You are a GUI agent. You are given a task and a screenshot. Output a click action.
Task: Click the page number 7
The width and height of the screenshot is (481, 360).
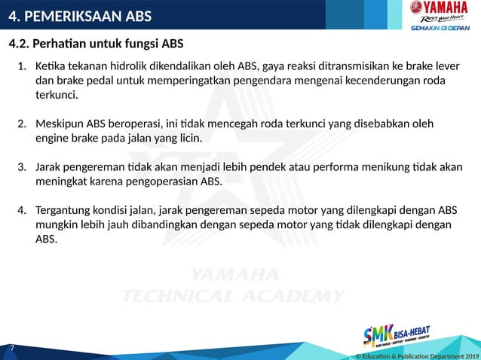point(12,348)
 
